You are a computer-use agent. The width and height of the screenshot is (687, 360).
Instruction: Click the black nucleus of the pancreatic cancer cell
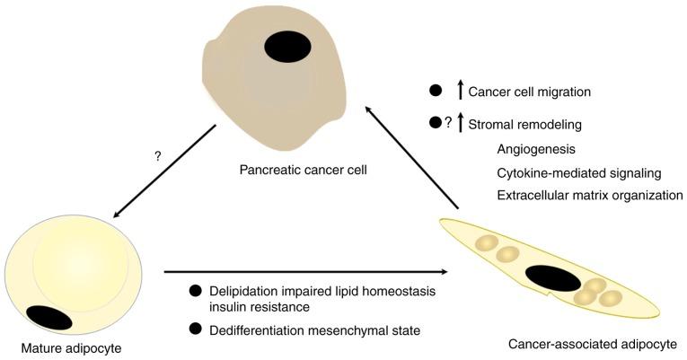(x=288, y=46)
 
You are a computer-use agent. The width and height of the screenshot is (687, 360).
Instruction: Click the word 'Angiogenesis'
(x=535, y=150)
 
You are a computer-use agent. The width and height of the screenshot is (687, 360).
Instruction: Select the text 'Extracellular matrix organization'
(x=589, y=195)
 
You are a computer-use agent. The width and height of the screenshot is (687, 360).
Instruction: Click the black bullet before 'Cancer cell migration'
(x=436, y=91)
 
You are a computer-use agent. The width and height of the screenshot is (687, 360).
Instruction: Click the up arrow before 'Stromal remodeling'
(x=461, y=123)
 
